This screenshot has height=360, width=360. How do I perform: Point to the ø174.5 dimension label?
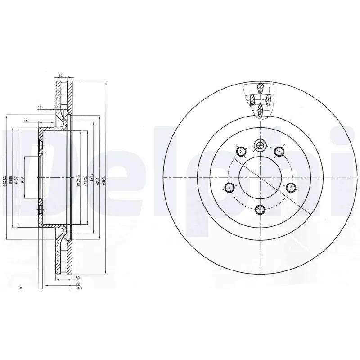click(x=78, y=180)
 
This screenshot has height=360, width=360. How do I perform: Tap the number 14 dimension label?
click(x=40, y=108)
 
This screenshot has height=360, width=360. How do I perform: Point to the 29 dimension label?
click(x=26, y=119)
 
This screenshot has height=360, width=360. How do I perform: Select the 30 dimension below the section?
click(x=77, y=279)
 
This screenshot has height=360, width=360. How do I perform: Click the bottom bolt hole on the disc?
click(x=260, y=209)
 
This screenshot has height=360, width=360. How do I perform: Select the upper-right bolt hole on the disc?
click(x=279, y=151)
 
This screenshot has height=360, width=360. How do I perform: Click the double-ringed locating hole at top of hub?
click(x=260, y=145)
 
